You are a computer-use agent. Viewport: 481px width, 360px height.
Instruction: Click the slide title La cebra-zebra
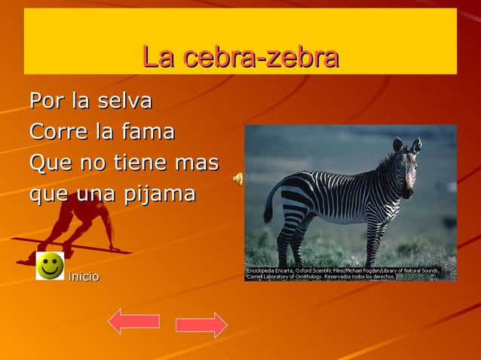[x=240, y=56]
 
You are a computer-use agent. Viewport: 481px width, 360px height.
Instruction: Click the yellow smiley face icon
[x=50, y=266]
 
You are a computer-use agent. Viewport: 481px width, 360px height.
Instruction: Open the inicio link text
[x=84, y=277]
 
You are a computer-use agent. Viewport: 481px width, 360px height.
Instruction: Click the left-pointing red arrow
[x=133, y=321]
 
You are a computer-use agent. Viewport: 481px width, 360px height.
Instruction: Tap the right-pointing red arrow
[x=201, y=325]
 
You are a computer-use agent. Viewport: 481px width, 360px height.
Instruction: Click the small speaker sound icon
[x=237, y=178]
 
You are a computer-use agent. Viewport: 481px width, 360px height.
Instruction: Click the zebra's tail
[x=269, y=205]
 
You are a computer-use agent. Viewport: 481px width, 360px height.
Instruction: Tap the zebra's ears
[x=406, y=144]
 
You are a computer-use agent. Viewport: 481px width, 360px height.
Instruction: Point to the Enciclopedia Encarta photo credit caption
[x=343, y=273]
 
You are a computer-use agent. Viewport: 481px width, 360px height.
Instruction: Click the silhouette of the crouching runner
[x=83, y=222]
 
